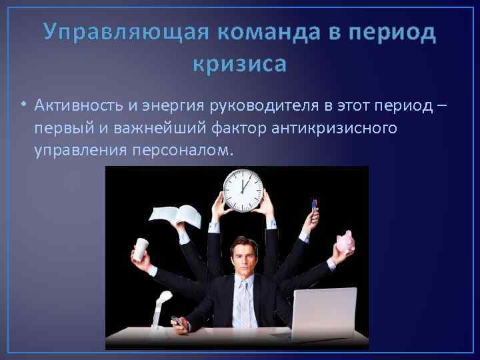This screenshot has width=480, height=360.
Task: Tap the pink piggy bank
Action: pyautogui.click(x=345, y=243)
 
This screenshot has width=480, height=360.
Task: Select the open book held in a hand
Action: pyautogui.click(x=175, y=215)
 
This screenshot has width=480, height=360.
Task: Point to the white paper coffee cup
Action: pyautogui.click(x=140, y=248)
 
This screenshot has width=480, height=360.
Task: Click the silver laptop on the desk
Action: pyautogui.click(x=325, y=313)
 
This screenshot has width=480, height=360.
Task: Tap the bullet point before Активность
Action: pyautogui.click(x=24, y=105)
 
